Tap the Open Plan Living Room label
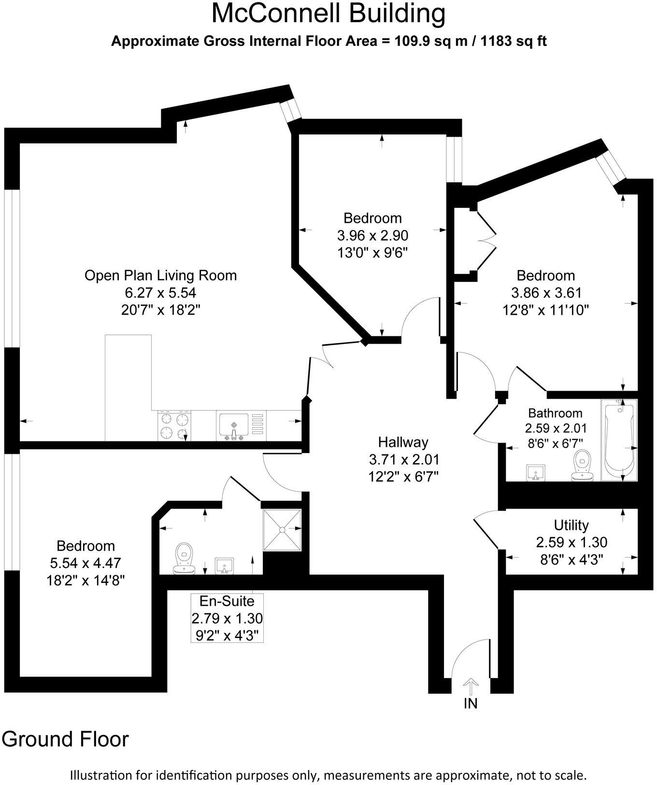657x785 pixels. coord(161,276)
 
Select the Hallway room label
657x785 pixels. coord(403,442)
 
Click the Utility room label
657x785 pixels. coord(571,525)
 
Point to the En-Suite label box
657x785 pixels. coord(227,618)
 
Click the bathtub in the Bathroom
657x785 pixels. coord(619,439)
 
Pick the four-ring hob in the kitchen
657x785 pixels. coord(174,426)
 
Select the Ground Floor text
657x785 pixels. coord(66,740)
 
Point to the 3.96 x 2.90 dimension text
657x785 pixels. coord(372,236)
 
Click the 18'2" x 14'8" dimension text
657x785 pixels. coord(86,580)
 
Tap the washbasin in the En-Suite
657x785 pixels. coord(225,566)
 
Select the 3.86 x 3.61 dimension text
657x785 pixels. coord(546,293)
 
